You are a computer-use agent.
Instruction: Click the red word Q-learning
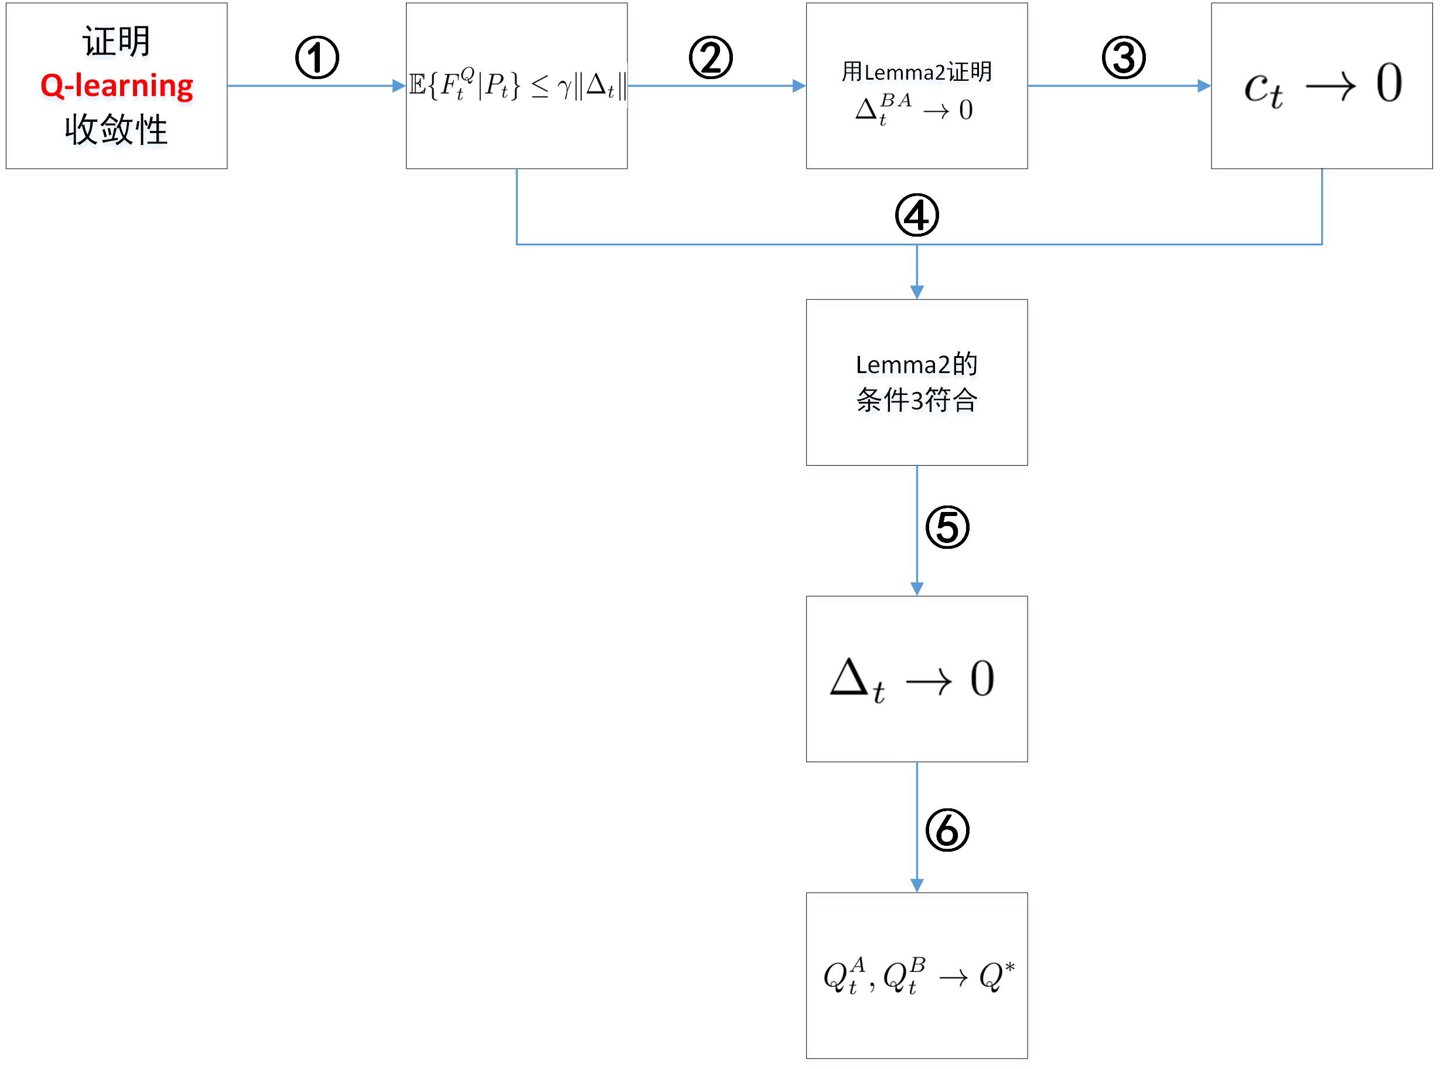(x=117, y=86)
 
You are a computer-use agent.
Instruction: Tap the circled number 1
(x=316, y=57)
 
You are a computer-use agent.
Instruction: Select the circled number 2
(x=710, y=57)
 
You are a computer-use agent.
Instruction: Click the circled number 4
(x=916, y=216)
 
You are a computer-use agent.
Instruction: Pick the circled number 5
(x=946, y=527)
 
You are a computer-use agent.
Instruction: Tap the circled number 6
(x=946, y=829)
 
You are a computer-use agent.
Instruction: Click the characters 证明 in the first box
(x=117, y=42)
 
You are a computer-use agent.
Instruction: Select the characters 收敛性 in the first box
(x=117, y=129)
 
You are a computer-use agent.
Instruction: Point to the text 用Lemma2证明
(x=916, y=71)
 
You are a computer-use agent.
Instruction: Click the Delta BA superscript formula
(x=884, y=109)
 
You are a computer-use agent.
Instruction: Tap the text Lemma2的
(x=916, y=364)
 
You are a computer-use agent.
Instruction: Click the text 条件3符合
(x=916, y=399)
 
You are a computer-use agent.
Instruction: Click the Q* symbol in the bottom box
(x=995, y=975)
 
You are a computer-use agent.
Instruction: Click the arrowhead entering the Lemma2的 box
(x=916, y=292)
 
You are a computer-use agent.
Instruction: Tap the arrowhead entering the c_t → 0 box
(x=1203, y=86)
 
